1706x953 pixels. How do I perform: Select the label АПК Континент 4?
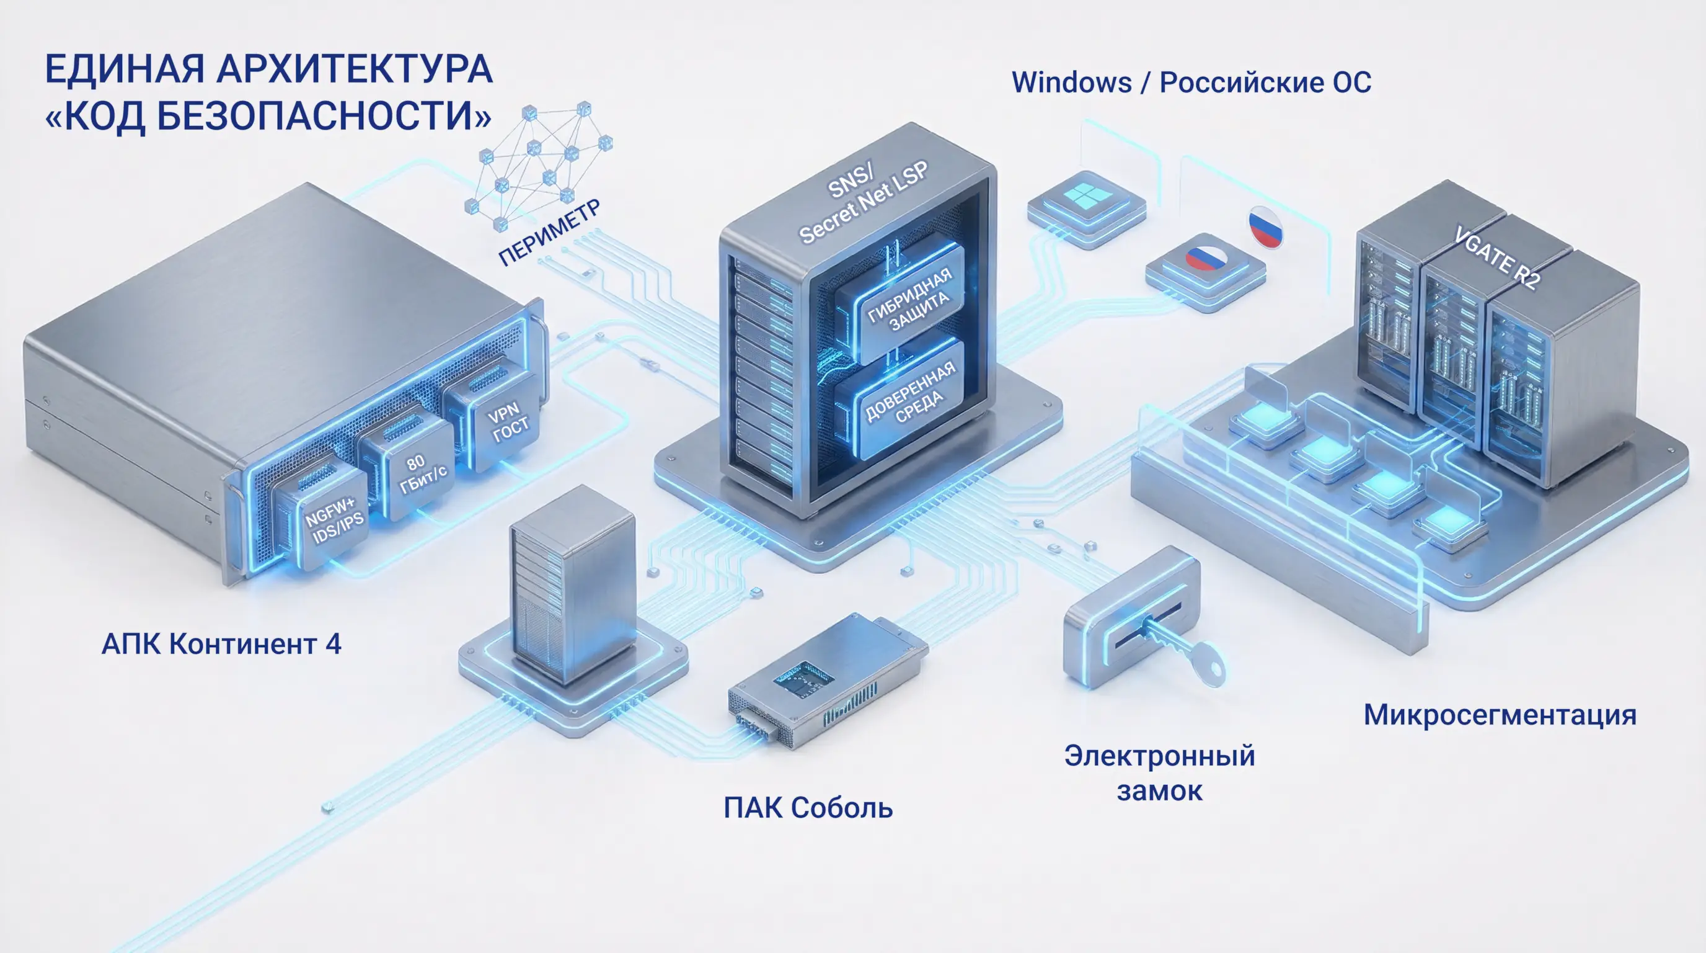click(x=221, y=644)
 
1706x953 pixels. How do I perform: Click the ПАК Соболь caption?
click(x=808, y=808)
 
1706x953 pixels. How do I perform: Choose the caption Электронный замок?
click(x=1159, y=772)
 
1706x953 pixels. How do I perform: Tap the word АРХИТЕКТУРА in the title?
click(x=355, y=69)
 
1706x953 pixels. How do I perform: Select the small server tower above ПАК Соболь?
click(x=572, y=583)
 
